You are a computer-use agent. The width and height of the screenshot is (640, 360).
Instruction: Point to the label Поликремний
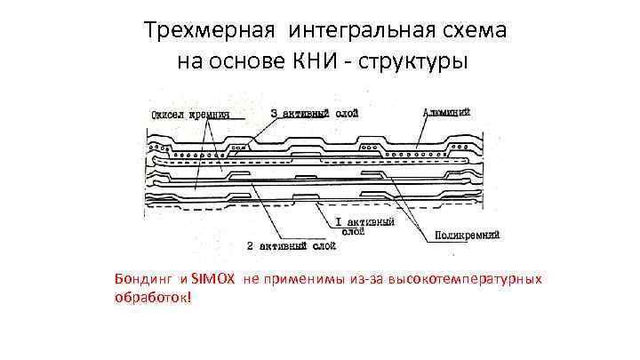point(467,235)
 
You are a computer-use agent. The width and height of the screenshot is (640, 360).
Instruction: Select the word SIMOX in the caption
point(213,279)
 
